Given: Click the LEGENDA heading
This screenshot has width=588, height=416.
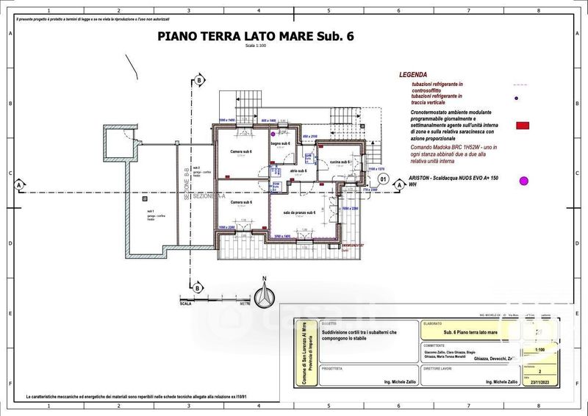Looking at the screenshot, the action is pos(413,75).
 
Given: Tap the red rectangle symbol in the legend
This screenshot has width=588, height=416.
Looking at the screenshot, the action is pos(523,126).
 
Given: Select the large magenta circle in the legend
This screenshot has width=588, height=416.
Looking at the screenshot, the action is pos(524,181).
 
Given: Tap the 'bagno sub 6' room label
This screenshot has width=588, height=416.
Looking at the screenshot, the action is pos(281,143).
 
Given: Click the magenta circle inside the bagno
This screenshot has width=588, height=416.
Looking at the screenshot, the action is pos(273,135).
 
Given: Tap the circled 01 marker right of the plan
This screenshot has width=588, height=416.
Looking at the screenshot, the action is pos(382,179).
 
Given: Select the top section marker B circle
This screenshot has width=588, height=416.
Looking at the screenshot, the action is pos(198,80).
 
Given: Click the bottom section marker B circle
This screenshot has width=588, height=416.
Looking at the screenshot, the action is pos(198,287).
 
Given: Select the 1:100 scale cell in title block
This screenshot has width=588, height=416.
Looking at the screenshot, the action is pos(541,349).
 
